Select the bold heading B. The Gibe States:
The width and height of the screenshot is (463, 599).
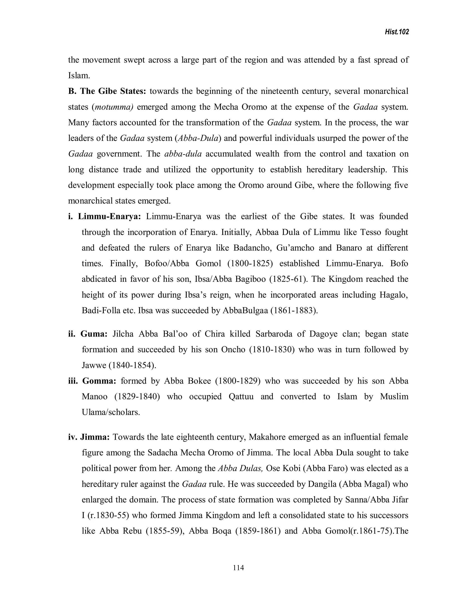[107, 91]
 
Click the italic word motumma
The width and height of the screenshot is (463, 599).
[113, 107]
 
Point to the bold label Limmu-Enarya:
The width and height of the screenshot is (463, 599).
[109, 216]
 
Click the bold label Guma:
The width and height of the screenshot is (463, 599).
[94, 334]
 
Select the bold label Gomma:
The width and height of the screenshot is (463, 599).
[99, 381]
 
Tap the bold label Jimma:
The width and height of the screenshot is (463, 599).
[95, 437]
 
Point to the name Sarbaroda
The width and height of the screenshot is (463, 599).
[274, 334]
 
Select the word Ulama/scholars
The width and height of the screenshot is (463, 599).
[111, 412]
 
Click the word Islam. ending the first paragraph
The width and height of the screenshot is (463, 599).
[79, 75]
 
